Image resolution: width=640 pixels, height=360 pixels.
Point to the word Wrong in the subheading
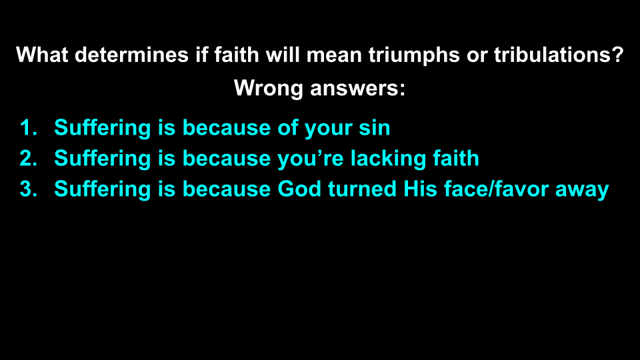[269, 87]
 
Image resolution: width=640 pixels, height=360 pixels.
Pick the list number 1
[27, 127]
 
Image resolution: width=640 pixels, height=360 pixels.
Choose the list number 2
[27, 158]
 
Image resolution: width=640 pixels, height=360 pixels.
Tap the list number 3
[27, 189]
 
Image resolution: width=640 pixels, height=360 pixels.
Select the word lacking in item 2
[383, 158]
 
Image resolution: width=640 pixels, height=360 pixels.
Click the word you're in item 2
[307, 158]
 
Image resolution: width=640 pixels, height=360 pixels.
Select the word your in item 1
[328, 127]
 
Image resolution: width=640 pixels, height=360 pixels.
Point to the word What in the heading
[42, 55]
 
